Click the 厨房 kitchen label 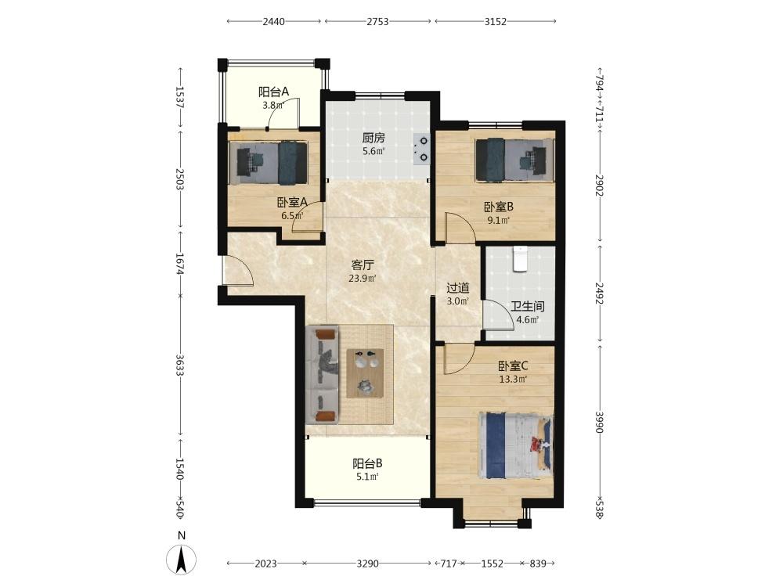[373, 138]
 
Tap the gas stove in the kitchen [421, 149]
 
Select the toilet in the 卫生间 [519, 258]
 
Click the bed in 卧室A [268, 163]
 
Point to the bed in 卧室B [515, 160]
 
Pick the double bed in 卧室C [516, 446]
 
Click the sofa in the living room [322, 374]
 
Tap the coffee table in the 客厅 [365, 373]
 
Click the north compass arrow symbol [182, 559]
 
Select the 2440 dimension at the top [273, 21]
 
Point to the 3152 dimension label [496, 21]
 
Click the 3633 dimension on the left [180, 366]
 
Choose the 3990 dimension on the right [600, 422]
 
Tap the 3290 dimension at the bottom [367, 564]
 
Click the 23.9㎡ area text [363, 279]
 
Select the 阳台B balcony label [367, 463]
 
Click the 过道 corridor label [457, 288]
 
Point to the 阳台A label [273, 92]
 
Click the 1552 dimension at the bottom [492, 564]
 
